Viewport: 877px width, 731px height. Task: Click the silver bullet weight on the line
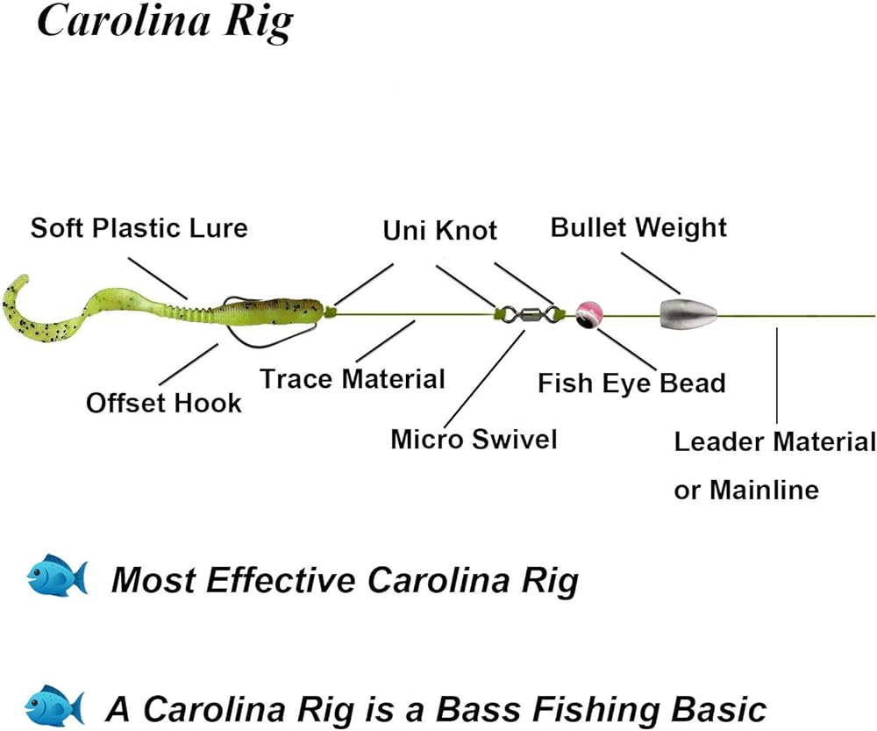pos(688,311)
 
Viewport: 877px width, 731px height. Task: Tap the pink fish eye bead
pos(588,313)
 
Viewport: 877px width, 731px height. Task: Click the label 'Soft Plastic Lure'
pos(139,228)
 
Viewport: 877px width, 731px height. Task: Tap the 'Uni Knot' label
pos(440,230)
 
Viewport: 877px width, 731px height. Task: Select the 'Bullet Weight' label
pos(638,227)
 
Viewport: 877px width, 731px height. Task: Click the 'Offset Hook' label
pos(163,404)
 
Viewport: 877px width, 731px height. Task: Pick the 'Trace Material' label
pos(353,379)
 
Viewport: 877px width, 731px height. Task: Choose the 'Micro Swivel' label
pos(474,439)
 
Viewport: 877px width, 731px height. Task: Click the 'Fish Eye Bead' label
pos(631,383)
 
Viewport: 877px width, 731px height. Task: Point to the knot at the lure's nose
pos(331,311)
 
